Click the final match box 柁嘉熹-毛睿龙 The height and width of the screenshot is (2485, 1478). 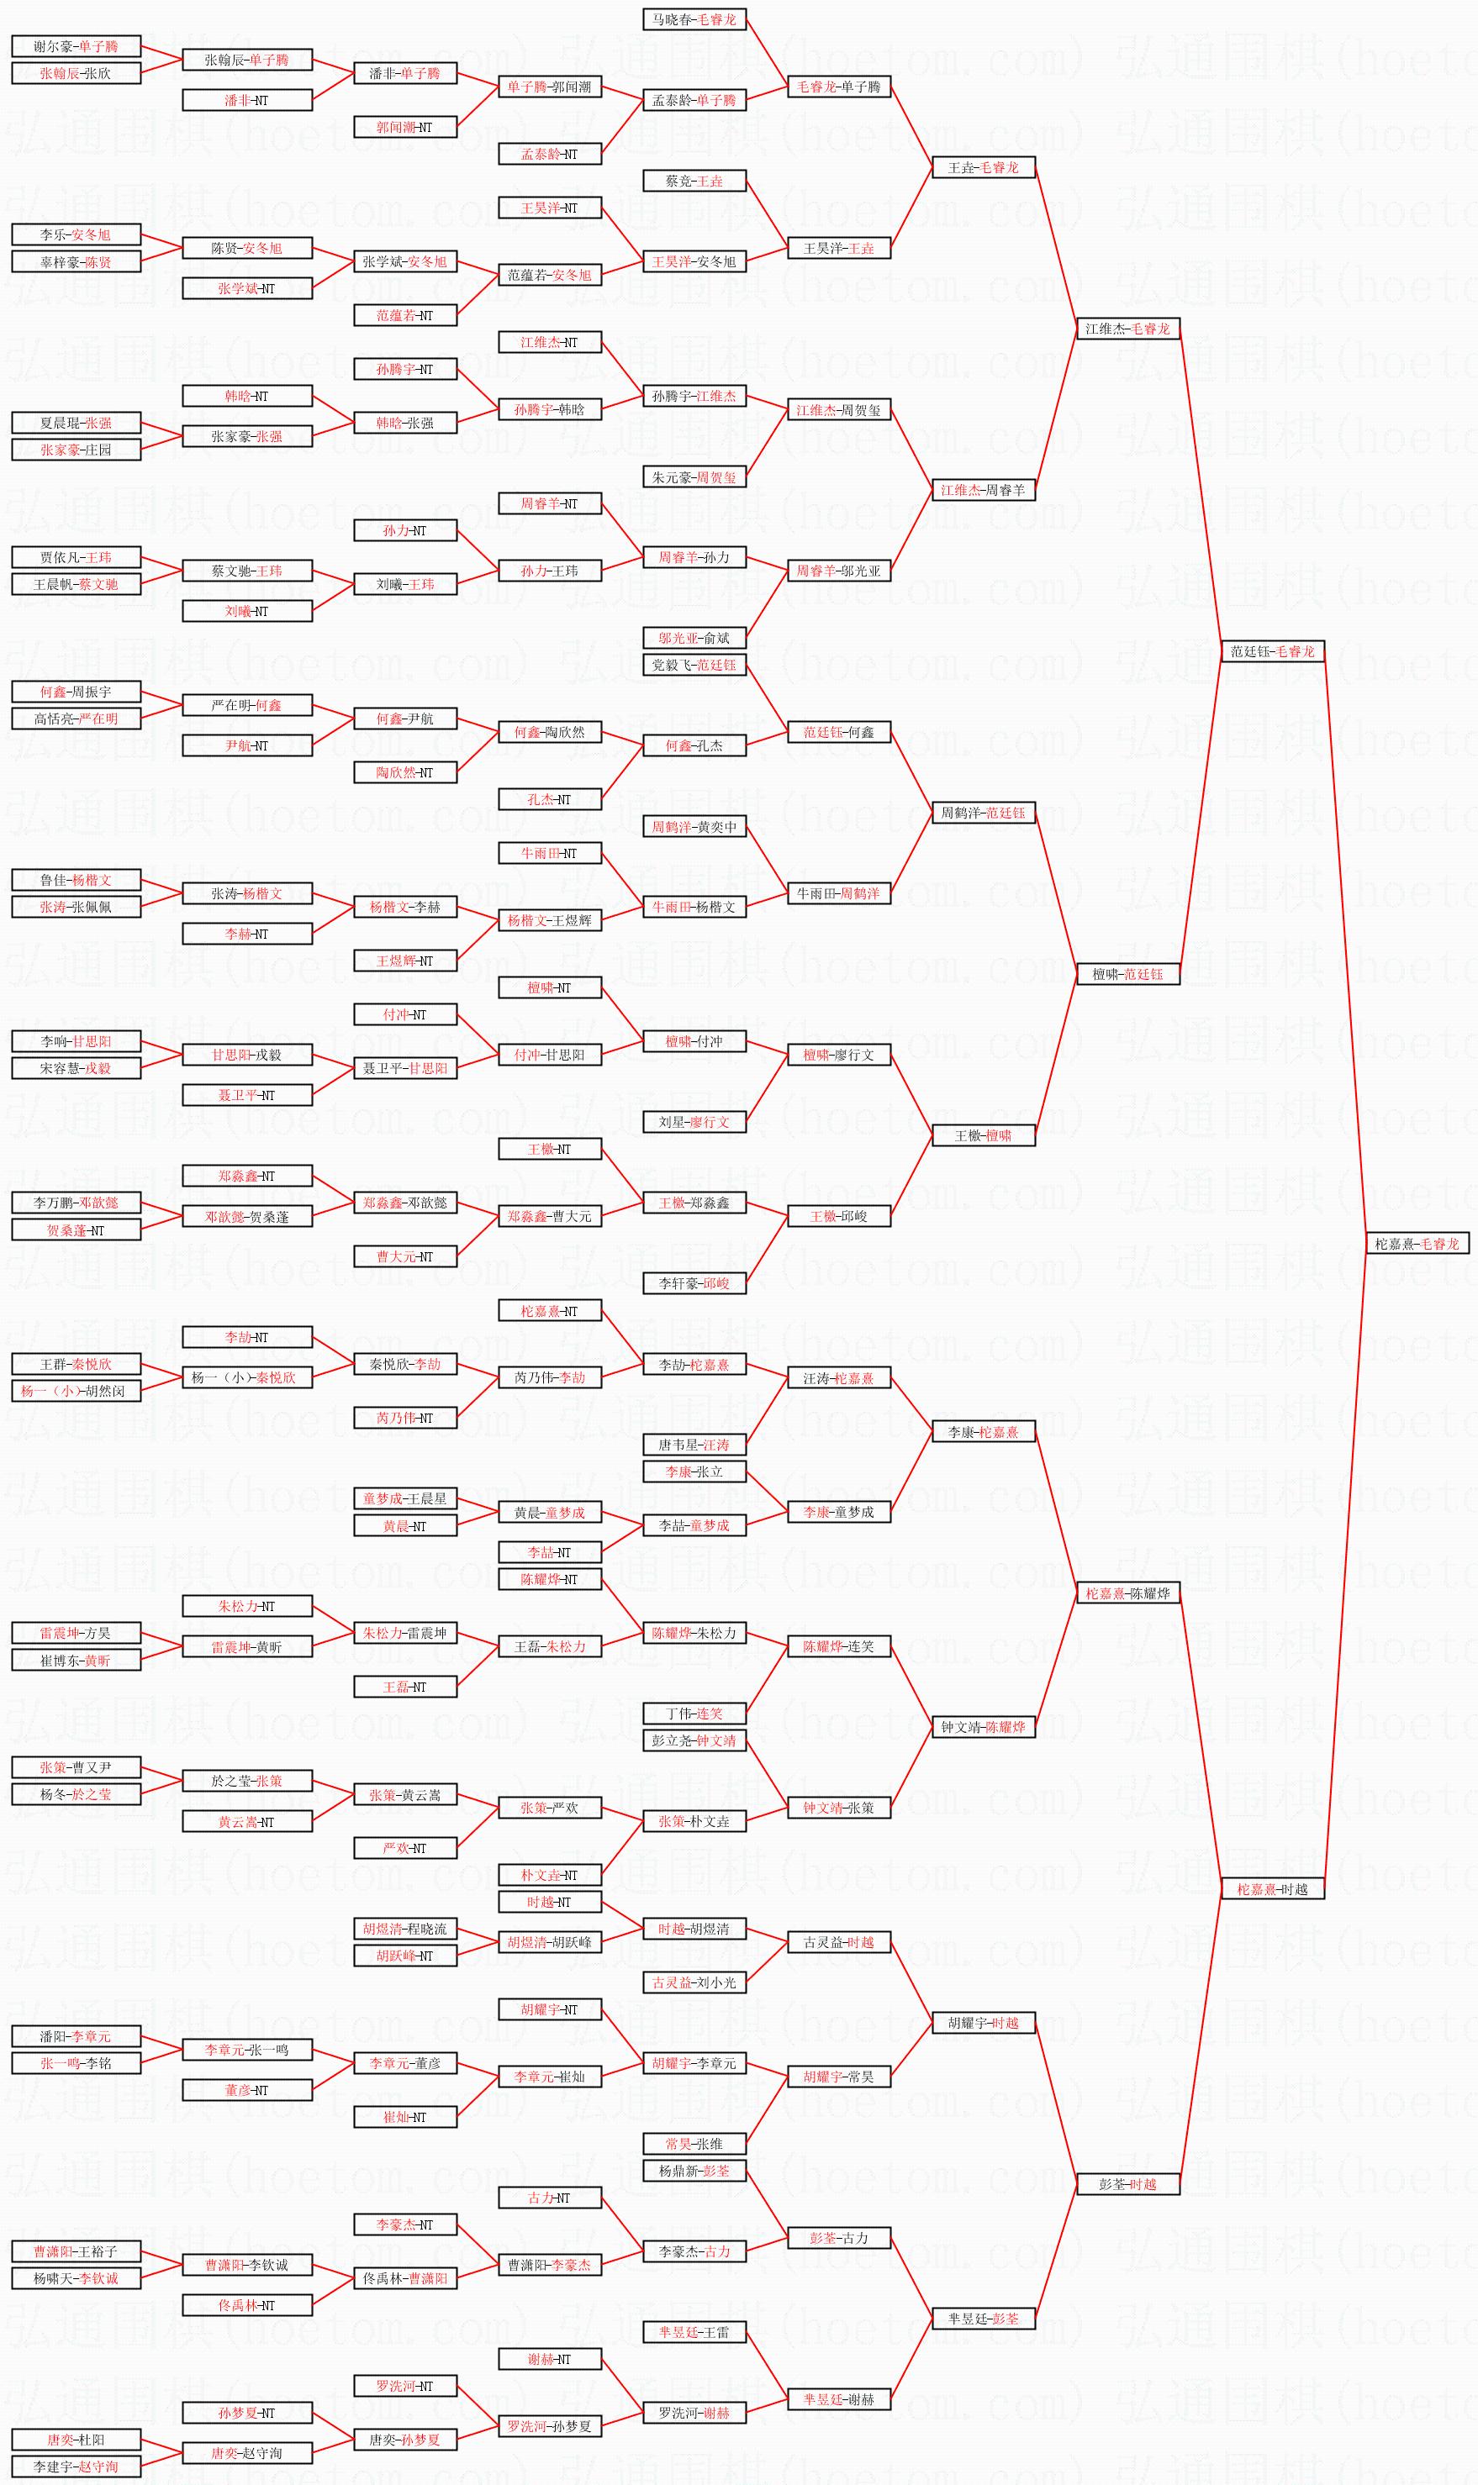point(1417,1244)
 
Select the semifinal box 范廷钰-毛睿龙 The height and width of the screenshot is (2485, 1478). point(1272,651)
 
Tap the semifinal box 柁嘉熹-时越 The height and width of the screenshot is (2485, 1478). point(1272,1888)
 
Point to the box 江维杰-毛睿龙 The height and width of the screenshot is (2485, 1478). point(1127,329)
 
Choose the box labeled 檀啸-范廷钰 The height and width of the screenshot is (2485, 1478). point(1127,974)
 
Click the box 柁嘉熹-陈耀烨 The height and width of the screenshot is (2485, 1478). point(1127,1593)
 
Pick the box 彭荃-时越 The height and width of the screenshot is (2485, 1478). point(1127,2184)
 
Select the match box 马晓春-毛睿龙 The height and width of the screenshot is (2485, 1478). point(694,19)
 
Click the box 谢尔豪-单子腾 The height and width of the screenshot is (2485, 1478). point(76,45)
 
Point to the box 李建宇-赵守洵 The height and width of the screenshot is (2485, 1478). point(76,2466)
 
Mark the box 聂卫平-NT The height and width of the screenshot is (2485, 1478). point(247,1095)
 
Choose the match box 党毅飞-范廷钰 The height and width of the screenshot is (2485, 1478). point(694,664)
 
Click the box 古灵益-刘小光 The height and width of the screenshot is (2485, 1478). point(694,1982)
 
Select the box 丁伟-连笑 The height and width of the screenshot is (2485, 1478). point(694,1714)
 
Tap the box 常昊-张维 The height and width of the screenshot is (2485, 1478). point(694,2144)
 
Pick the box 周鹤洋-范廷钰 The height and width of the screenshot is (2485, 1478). point(983,813)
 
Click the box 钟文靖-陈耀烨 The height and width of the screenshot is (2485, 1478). point(983,1727)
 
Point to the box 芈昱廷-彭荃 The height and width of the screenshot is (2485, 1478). point(983,2319)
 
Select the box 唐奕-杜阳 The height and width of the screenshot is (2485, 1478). point(76,2440)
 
